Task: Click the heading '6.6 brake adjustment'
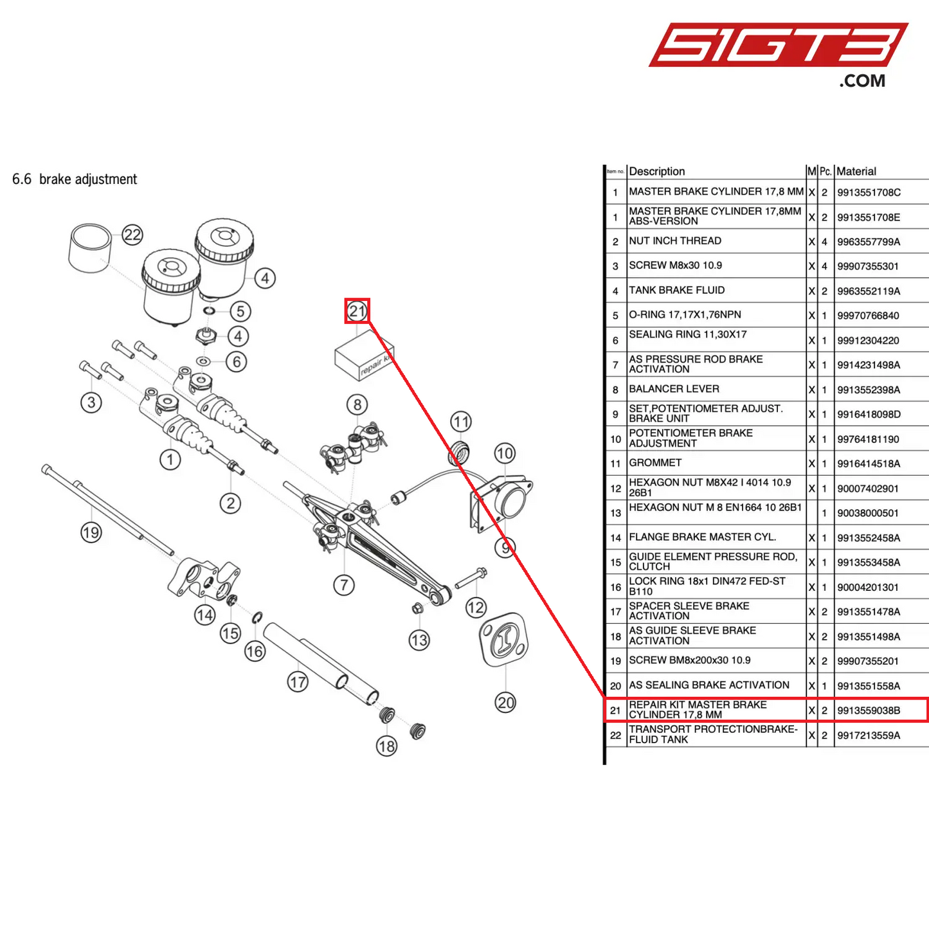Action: click(x=75, y=179)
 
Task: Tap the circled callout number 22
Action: click(x=132, y=235)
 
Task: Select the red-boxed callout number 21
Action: click(x=357, y=312)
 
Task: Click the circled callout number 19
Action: click(x=91, y=532)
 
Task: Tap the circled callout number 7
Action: click(x=344, y=585)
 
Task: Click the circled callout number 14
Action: click(x=205, y=615)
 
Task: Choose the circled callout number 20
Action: click(x=505, y=703)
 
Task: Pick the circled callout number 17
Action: click(x=298, y=681)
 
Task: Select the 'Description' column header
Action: click(x=657, y=172)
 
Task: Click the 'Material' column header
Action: click(x=856, y=172)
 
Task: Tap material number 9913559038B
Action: click(x=869, y=710)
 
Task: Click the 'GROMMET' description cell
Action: click(x=655, y=463)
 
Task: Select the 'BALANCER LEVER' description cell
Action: click(x=674, y=389)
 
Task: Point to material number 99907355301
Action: click(x=868, y=266)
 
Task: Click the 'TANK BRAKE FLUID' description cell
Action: click(x=676, y=291)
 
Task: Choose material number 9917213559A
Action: click(x=869, y=735)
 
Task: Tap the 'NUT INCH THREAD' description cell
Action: click(x=675, y=241)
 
